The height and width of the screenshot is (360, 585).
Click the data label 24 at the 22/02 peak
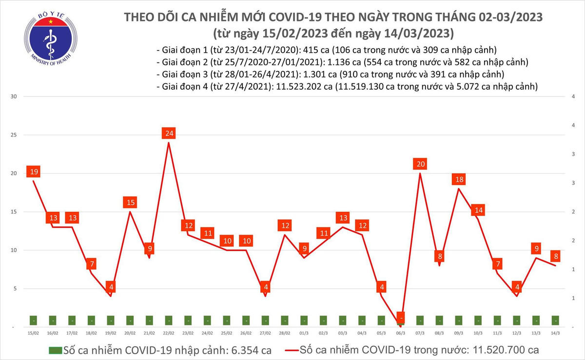coord(169,133)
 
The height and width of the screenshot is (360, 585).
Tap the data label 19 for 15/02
coord(34,172)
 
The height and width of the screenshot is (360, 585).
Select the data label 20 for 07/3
coord(420,164)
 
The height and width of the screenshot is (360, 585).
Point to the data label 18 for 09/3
coord(458,180)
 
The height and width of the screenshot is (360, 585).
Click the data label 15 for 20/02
coord(130,202)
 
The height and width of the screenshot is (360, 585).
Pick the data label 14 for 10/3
coord(478,210)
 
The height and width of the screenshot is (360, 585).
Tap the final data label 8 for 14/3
coord(555,257)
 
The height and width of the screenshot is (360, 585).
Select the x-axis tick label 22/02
coord(169,333)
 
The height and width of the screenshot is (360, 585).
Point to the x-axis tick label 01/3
coord(304,333)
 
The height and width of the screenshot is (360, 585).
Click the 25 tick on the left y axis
coord(14,135)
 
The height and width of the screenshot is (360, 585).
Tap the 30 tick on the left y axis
coord(14,97)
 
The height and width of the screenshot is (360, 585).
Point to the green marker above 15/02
coord(34,320)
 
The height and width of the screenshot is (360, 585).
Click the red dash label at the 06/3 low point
coord(401,318)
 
